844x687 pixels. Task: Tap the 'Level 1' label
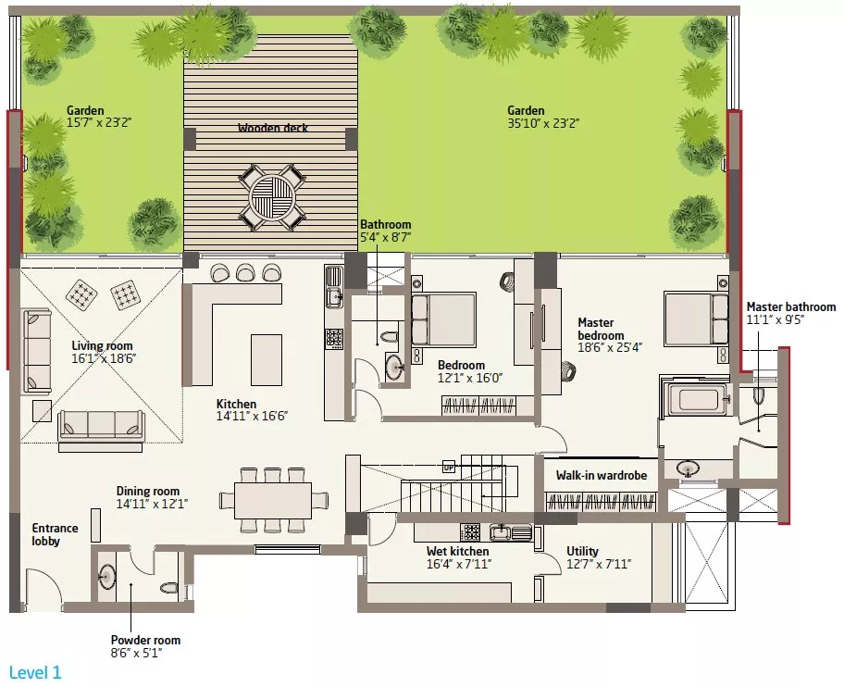coord(35,672)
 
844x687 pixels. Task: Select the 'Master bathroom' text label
coord(790,306)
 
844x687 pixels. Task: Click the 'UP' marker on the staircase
coord(448,468)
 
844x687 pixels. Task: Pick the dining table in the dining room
coord(273,501)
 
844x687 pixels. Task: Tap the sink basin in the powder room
coord(107,577)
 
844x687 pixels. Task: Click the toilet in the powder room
coord(169,587)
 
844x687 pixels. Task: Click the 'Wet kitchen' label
coord(457,551)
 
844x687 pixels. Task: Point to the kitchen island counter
coord(267,359)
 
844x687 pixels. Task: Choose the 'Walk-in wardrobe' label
coord(602,475)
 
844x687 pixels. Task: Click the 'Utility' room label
coord(582,551)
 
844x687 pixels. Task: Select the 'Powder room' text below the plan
coord(145,640)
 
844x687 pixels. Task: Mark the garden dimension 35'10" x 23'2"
coord(543,123)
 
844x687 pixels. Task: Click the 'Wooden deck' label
coord(273,128)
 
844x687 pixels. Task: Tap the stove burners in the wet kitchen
coord(472,532)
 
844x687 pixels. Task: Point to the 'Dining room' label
coord(148,491)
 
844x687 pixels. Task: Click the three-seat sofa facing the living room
coord(101,424)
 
